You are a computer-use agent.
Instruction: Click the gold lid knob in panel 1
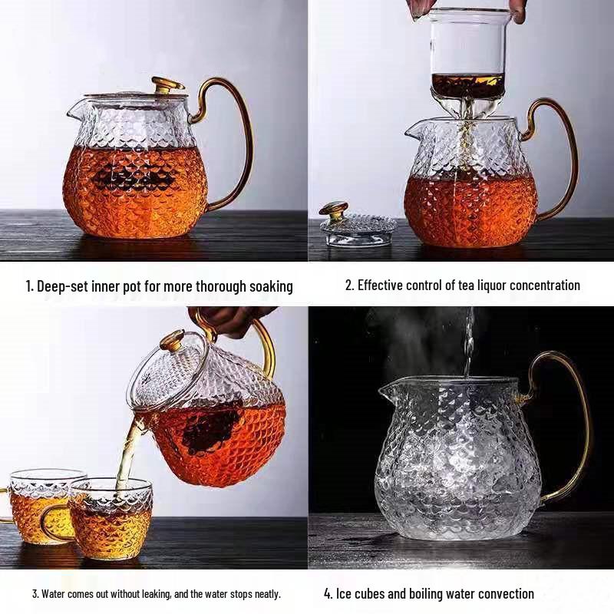[x=167, y=84]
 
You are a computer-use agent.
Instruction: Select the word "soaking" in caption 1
[x=271, y=286]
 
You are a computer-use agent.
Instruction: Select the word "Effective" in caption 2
[x=383, y=285]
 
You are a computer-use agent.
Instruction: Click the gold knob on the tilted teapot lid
[x=171, y=339]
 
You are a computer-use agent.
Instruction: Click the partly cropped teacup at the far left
[x=31, y=507]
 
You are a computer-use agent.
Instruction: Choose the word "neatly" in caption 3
[x=264, y=593]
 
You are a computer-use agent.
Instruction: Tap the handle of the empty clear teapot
[x=574, y=430]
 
